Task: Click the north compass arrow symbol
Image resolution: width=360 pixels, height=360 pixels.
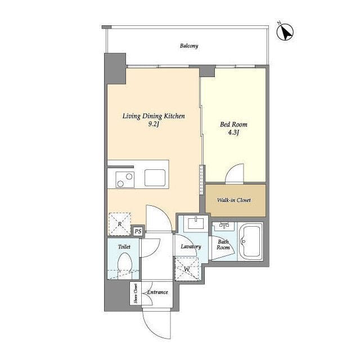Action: (x=285, y=33)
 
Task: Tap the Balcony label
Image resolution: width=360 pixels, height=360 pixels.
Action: (x=189, y=46)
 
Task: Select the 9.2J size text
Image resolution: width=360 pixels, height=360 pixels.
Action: (x=154, y=124)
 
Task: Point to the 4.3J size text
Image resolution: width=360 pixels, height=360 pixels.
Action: (x=233, y=133)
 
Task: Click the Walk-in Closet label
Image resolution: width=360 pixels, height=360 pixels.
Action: (x=234, y=200)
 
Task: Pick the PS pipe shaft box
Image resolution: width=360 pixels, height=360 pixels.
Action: (x=138, y=231)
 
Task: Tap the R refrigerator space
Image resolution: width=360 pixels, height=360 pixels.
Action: (x=120, y=224)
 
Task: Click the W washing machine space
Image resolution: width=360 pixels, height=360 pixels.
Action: (x=187, y=269)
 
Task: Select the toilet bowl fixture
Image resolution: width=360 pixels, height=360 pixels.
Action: (x=125, y=263)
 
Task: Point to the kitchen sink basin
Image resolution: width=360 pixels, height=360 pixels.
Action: (x=155, y=178)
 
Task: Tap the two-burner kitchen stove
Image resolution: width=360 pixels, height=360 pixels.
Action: (x=125, y=180)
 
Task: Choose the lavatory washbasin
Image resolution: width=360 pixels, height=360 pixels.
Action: (x=196, y=223)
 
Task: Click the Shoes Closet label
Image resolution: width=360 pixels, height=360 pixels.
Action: (x=136, y=294)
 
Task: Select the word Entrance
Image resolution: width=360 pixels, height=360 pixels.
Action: (x=157, y=292)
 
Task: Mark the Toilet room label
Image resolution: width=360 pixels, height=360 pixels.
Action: (x=124, y=247)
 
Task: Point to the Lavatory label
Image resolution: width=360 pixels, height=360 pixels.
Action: (x=191, y=246)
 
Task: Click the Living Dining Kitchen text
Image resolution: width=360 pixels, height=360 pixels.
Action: (x=154, y=116)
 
